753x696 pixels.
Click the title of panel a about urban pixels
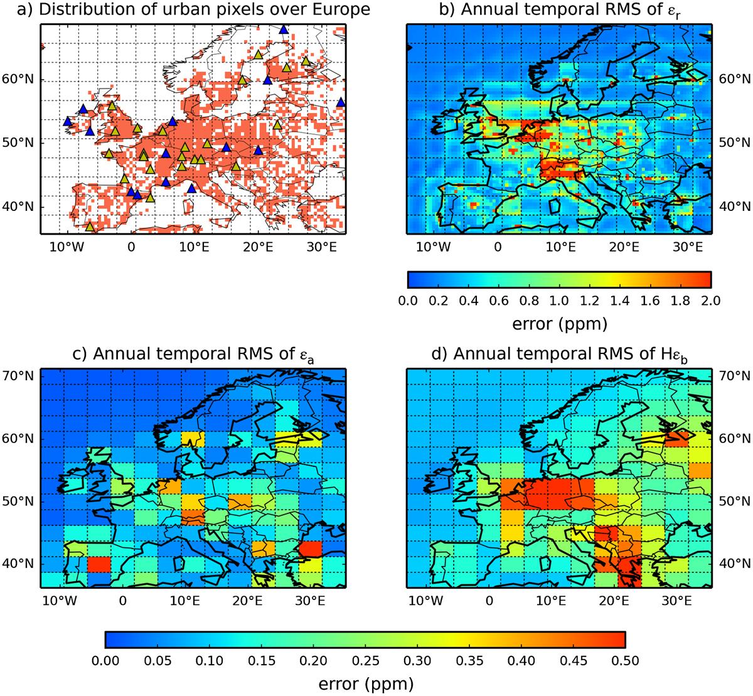tap(193, 10)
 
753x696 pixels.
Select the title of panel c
tap(193, 354)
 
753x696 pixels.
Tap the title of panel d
tap(560, 354)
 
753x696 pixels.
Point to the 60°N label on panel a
tap(18, 79)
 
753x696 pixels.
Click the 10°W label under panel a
tap(67, 247)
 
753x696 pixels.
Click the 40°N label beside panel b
tap(734, 206)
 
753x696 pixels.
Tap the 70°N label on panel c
tap(18, 376)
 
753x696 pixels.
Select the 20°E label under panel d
tap(614, 601)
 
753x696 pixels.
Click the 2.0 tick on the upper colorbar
tap(710, 301)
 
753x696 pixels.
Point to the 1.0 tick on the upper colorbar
tap(559, 301)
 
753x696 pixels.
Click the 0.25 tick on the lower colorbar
tap(365, 661)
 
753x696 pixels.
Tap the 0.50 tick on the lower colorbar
tap(625, 661)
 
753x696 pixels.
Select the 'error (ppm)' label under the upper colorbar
tap(560, 324)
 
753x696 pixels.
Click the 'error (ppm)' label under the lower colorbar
tap(366, 684)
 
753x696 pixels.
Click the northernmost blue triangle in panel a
tap(284, 29)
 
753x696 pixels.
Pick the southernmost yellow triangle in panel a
tap(90, 227)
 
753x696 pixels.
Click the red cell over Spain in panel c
tap(99, 564)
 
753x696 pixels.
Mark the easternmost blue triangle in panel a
tap(341, 102)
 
